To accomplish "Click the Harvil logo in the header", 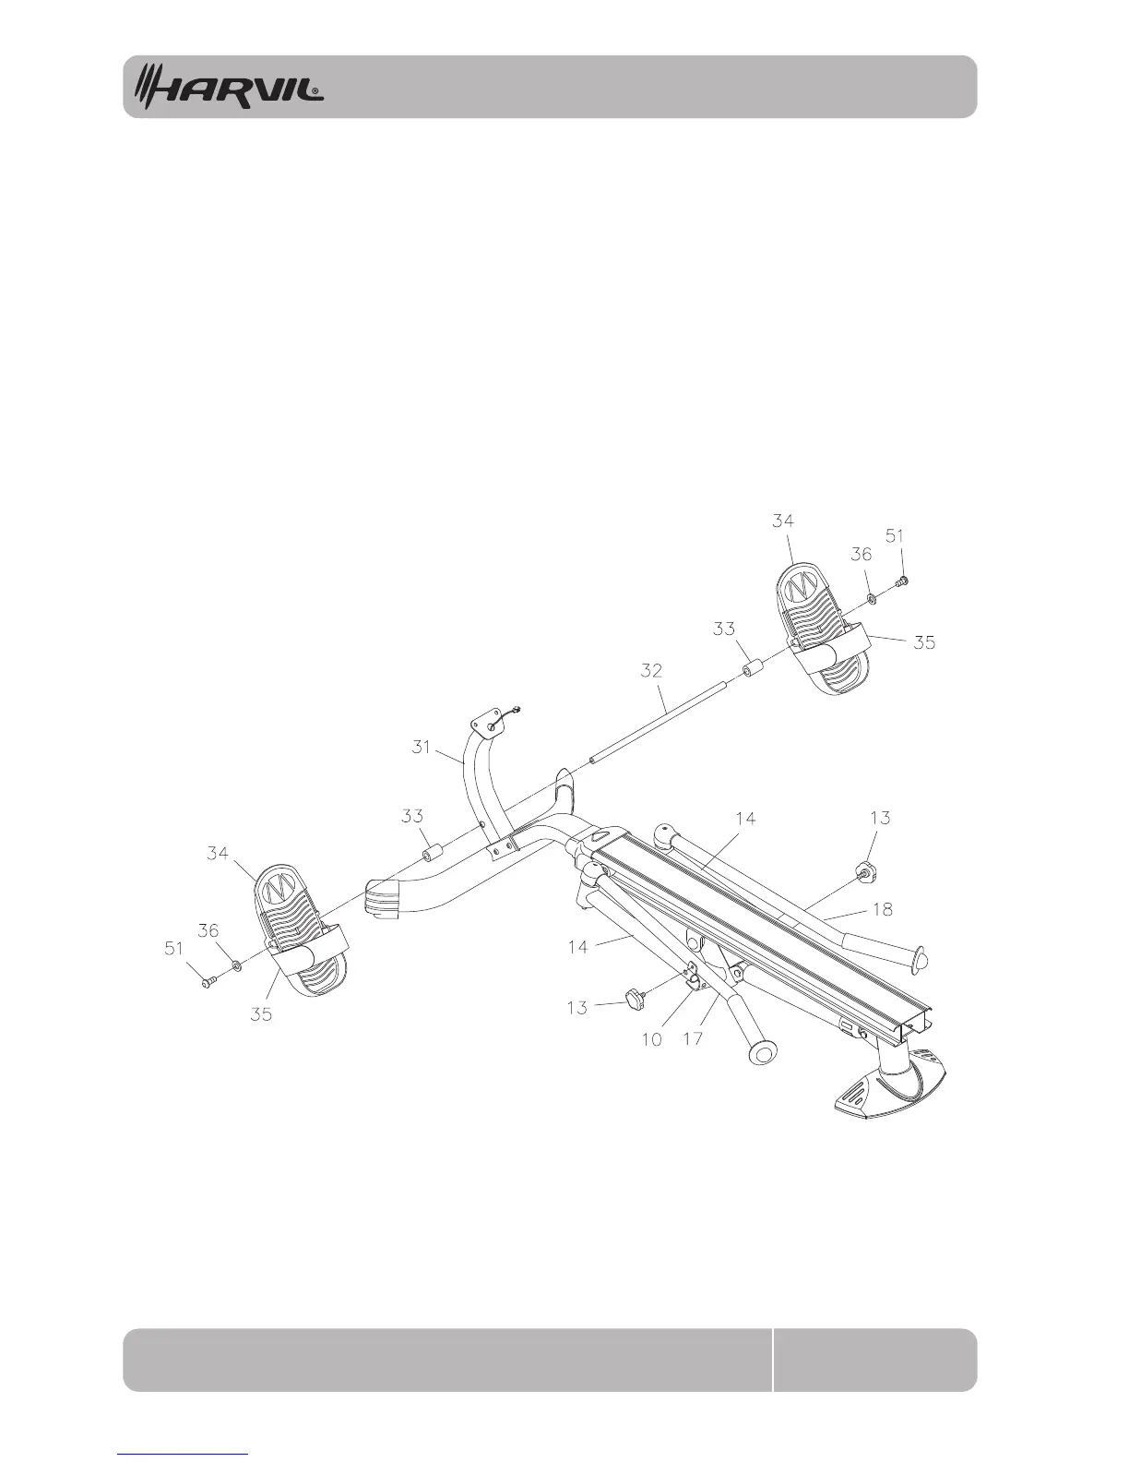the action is point(230,87).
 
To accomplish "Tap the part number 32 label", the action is point(651,670).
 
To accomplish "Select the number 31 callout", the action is point(422,747).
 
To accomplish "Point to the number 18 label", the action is point(882,909).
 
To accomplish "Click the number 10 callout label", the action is point(651,1038).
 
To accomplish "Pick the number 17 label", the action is point(692,1038).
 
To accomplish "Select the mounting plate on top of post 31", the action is point(487,719).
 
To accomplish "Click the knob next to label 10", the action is point(635,996).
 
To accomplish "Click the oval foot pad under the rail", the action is point(889,1086).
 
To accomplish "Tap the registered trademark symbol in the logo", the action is point(316,92).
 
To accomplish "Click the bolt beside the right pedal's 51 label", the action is point(902,581).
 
